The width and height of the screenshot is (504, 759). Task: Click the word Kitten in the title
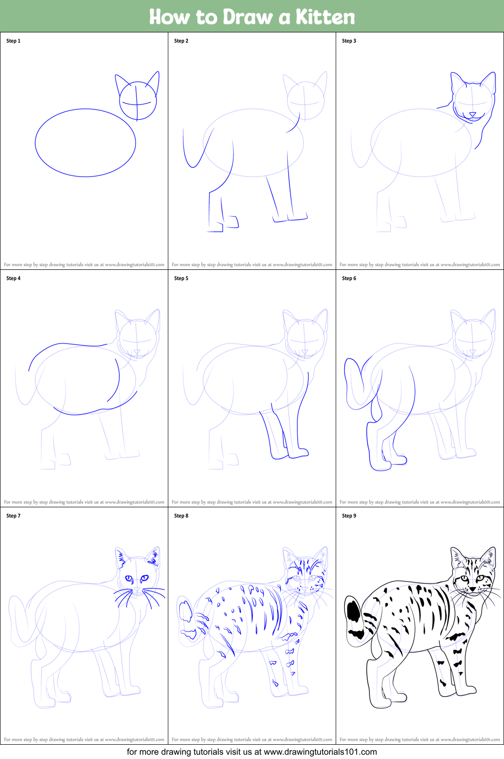click(325, 17)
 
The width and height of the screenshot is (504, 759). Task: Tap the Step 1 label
click(13, 41)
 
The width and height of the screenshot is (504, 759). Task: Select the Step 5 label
click(181, 278)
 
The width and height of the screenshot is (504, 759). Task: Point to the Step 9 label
click(349, 516)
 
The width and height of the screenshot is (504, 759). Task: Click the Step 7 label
click(13, 516)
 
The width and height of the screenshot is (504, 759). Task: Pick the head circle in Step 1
click(138, 101)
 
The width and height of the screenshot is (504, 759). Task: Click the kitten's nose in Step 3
click(472, 114)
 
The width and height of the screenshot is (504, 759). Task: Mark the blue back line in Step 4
click(67, 344)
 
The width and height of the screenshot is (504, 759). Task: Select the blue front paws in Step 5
click(290, 454)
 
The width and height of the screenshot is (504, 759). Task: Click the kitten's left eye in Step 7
click(129, 578)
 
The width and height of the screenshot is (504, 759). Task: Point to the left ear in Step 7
click(121, 557)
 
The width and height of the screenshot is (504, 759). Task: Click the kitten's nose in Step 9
click(473, 589)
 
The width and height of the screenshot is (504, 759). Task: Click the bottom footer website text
click(252, 752)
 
